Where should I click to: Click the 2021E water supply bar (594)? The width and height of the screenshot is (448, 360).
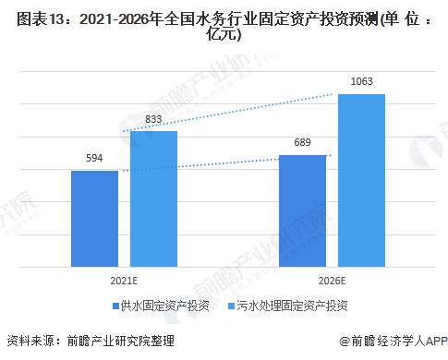click(94, 220)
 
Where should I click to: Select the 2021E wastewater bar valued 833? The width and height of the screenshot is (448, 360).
click(153, 199)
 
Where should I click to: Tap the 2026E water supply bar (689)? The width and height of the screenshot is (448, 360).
click(302, 211)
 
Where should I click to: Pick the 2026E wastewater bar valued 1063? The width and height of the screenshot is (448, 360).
click(361, 181)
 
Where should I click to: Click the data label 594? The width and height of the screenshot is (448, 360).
click(94, 159)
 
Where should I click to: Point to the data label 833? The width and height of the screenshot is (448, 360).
click(153, 119)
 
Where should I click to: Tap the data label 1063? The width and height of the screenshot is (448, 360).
click(361, 83)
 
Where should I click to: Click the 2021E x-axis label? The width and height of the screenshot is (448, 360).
click(124, 278)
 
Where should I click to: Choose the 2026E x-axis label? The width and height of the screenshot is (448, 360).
click(332, 278)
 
